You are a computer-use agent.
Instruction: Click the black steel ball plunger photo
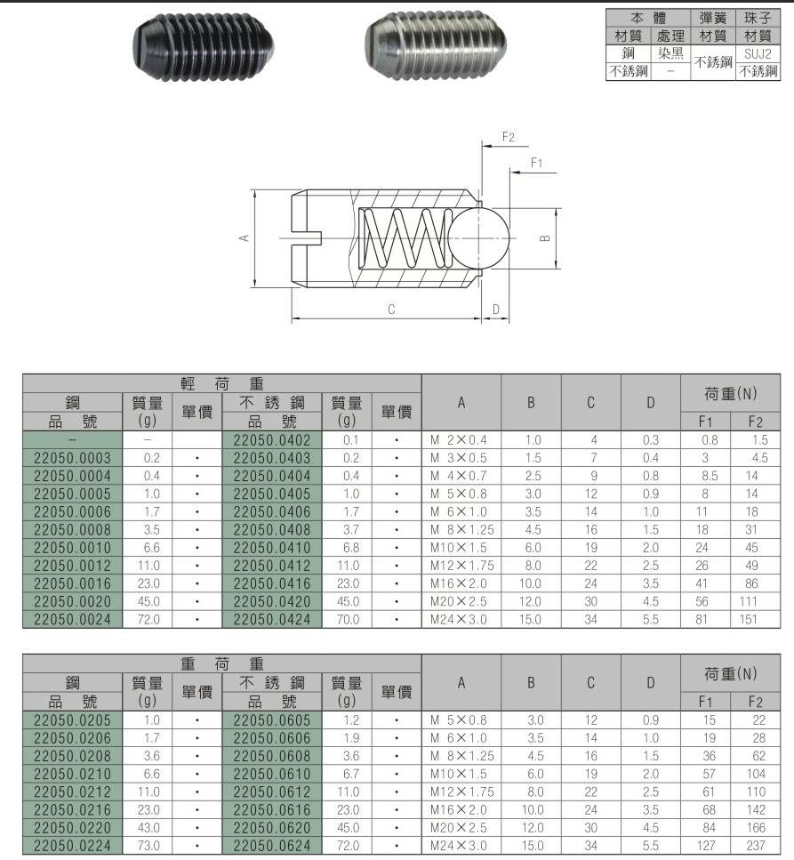[x=204, y=47]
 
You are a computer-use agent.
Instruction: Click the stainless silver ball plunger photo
[x=436, y=45]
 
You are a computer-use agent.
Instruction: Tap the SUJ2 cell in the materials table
[x=758, y=53]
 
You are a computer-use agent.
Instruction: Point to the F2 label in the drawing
[x=509, y=137]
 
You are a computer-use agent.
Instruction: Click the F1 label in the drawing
[x=536, y=163]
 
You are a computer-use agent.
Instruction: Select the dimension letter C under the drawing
[x=391, y=309]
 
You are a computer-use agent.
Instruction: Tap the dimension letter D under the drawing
[x=496, y=309]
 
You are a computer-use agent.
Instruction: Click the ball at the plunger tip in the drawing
[x=478, y=238]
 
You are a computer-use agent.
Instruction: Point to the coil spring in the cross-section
[x=405, y=238]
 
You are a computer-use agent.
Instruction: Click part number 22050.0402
[x=272, y=440]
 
